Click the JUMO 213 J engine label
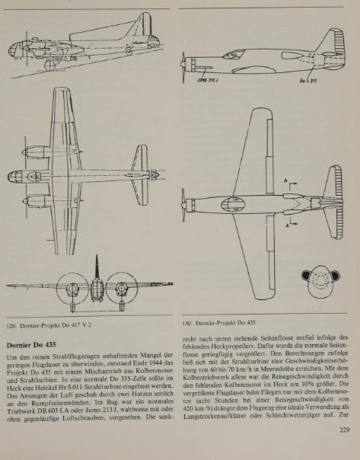tap(207, 80)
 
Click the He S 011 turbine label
tap(308, 81)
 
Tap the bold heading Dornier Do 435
tap(31, 345)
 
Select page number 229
tap(345, 430)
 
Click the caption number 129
tap(11, 325)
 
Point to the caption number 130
tap(187, 323)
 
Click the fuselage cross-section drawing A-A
tap(320, 281)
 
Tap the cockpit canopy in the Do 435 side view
tap(234, 54)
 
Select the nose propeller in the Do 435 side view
tap(183, 68)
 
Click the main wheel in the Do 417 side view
tap(49, 65)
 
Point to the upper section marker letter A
tap(285, 180)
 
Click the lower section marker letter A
tap(287, 225)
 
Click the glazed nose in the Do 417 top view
tap(15, 177)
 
